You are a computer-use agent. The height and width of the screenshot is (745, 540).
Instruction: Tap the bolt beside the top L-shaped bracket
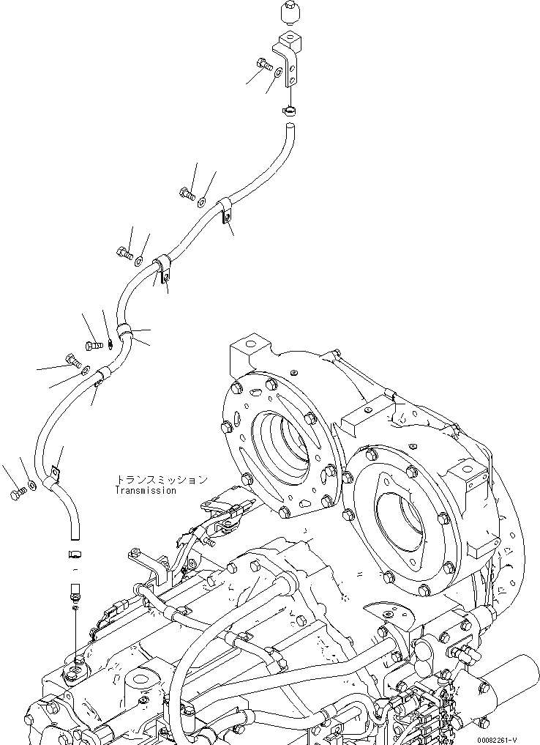[264, 65]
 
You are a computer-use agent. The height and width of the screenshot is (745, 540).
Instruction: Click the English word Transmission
[146, 491]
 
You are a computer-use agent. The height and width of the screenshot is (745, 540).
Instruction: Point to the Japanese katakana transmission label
[160, 480]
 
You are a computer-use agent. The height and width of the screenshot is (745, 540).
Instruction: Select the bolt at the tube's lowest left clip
[18, 495]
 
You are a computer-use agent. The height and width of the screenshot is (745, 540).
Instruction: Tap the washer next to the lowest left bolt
[32, 484]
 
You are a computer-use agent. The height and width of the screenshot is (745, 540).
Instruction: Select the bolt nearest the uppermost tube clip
[186, 193]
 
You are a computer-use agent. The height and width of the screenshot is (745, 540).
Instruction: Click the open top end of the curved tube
[290, 130]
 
